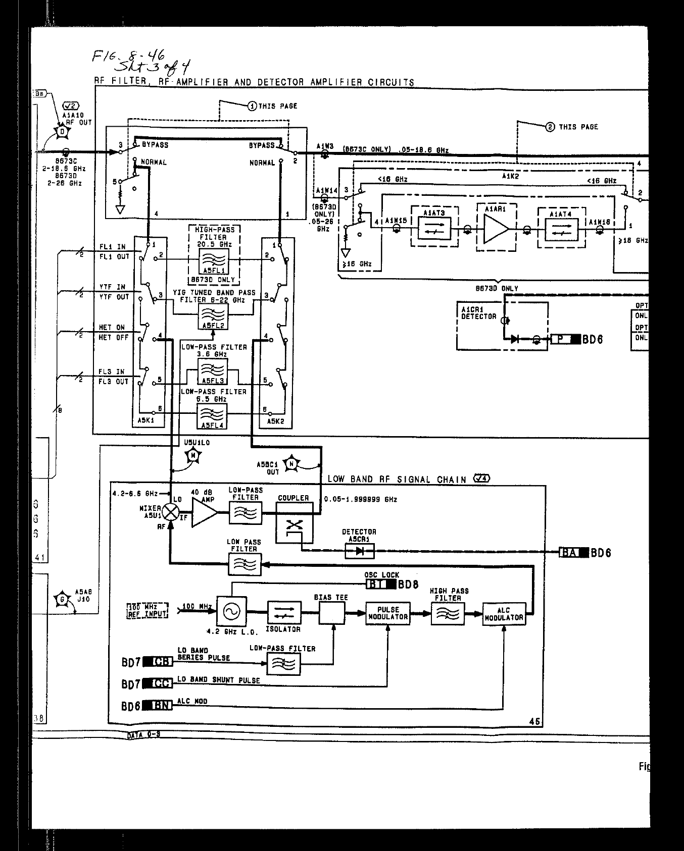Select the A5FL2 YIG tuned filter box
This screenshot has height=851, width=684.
pos(213,317)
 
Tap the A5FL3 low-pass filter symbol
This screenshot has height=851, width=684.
pos(213,371)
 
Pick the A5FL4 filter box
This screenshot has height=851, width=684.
pos(213,417)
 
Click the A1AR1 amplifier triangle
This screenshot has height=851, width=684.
pos(496,230)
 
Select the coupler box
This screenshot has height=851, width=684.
pos(295,528)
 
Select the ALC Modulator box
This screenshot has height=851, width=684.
pos(504,614)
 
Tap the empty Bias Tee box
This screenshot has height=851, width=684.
pos(331,613)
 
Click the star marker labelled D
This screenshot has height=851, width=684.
pos(63,131)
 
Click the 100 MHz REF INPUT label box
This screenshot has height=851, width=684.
pos(147,610)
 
